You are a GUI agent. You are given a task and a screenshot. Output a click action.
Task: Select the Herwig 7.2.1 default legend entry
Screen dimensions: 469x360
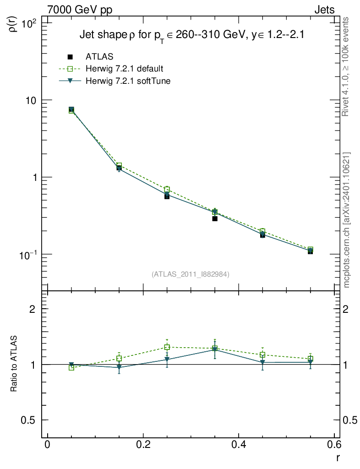pos(124,69)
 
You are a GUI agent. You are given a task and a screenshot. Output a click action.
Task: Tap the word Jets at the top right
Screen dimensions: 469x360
pos(324,10)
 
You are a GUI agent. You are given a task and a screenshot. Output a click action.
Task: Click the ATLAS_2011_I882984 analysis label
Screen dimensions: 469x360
pos(191,274)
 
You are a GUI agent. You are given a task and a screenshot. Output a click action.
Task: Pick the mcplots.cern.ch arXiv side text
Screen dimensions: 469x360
pos(347,220)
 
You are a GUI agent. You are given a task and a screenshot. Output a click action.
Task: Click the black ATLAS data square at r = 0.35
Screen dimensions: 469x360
pos(215,218)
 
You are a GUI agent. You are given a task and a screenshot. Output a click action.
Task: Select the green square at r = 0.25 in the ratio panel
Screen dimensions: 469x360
pos(167,347)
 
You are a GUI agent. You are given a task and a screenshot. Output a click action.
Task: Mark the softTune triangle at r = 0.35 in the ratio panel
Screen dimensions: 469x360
pos(215,350)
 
